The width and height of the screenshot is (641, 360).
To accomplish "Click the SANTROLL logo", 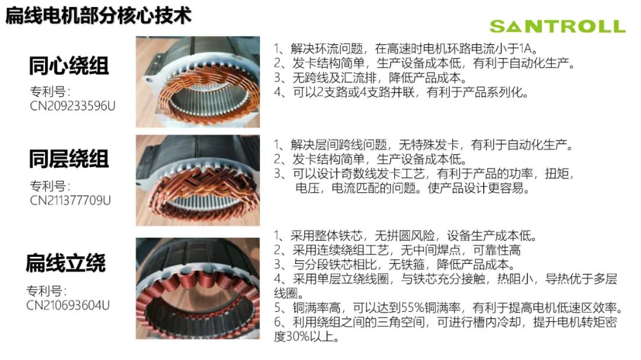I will [x=557, y=27].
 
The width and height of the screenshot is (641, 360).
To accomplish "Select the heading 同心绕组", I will [x=69, y=66].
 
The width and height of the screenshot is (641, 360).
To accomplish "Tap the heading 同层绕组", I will [x=69, y=159].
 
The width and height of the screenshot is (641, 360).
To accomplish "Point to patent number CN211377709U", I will [x=70, y=200].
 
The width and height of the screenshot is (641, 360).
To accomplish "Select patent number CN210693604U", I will [x=68, y=305].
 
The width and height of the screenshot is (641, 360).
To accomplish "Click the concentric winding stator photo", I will [x=198, y=82].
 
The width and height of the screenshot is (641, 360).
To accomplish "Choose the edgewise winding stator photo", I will [x=198, y=288].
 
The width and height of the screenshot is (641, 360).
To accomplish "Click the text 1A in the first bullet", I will [x=531, y=49].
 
